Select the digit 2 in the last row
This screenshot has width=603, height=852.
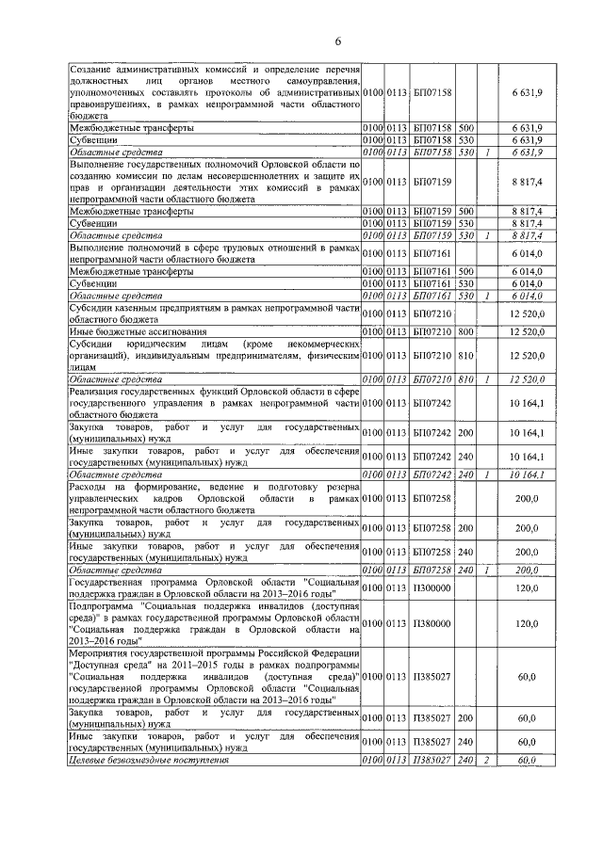pos(486,760)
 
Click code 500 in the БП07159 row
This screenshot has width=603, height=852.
pos(465,212)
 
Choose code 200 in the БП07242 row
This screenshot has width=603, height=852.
pos(465,433)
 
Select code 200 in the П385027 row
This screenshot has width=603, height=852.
pos(465,717)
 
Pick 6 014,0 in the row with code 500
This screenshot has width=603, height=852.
pos(524,272)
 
